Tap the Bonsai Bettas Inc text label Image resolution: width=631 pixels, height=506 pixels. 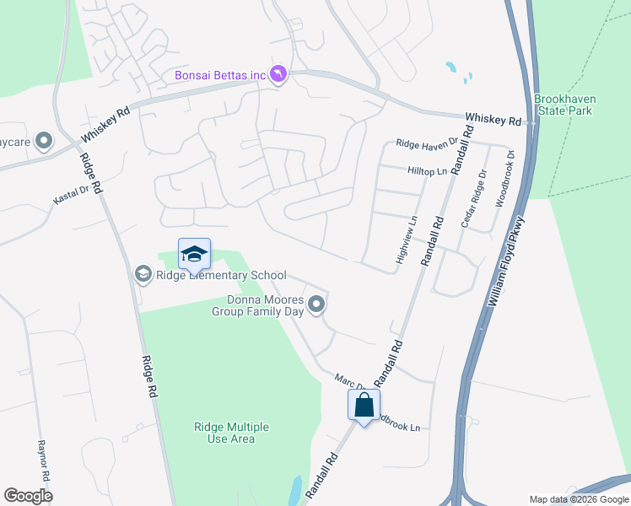tap(220, 76)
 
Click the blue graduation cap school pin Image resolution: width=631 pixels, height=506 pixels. tap(194, 254)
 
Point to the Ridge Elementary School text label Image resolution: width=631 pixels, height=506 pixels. tap(220, 276)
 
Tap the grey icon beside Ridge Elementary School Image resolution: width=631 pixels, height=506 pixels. tap(143, 273)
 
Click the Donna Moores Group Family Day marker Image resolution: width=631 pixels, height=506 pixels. tap(316, 304)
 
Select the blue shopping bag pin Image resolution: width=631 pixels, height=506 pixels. tap(364, 406)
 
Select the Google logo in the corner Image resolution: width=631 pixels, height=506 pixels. tap(28, 496)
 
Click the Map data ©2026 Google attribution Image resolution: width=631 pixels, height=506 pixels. tap(579, 499)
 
